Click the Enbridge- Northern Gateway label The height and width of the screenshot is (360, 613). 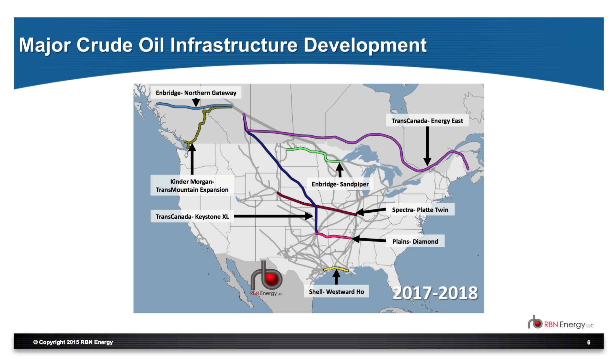pos(196,93)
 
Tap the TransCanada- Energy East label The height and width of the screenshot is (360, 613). pos(427,121)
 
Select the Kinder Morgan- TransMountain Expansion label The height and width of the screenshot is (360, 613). pos(192,186)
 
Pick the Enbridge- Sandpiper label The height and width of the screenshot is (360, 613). pos(340,184)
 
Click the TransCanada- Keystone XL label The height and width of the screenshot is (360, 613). pos(192,217)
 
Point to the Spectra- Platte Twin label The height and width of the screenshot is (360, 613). pos(420,210)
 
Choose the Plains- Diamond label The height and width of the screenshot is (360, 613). pos(415,242)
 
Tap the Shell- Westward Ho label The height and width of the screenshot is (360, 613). pos(336,292)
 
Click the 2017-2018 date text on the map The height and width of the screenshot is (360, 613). pos(435,293)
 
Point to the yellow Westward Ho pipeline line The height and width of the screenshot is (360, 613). pos(336,269)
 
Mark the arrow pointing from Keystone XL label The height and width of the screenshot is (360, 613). pos(273,216)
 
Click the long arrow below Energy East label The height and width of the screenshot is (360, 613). pos(427,146)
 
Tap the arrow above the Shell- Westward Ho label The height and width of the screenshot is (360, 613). pos(336,277)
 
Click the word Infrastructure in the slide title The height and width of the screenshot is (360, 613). pos(234,45)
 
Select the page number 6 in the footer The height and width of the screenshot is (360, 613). pos(589,343)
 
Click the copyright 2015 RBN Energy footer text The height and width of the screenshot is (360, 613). pos(73,342)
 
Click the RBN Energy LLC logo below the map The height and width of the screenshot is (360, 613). pos(561,323)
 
